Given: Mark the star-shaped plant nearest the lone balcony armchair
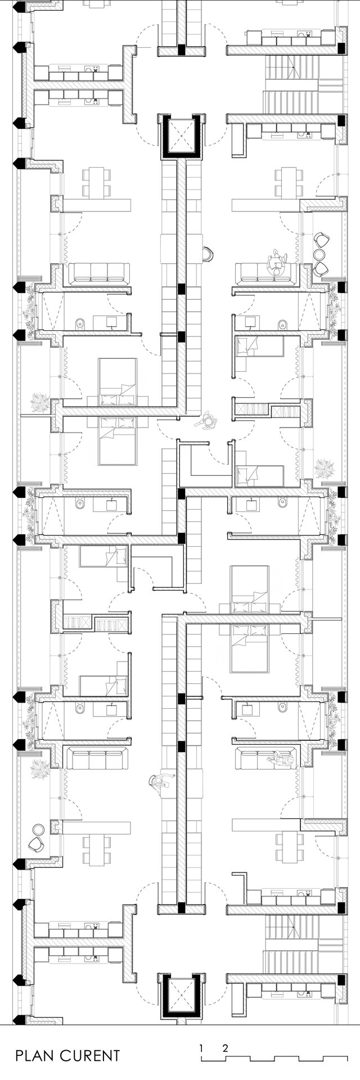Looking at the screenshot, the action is tap(40, 768).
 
